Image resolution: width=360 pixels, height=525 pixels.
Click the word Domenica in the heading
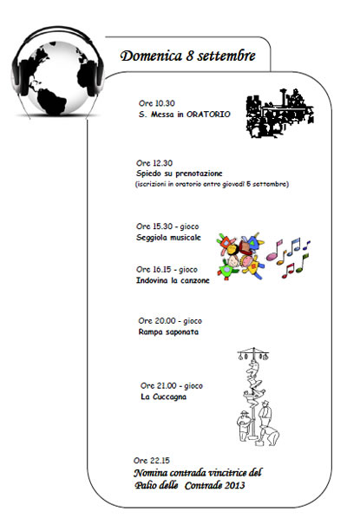coord(151,56)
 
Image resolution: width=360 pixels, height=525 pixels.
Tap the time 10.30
coord(166,103)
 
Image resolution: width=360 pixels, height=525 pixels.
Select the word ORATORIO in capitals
coord(208,115)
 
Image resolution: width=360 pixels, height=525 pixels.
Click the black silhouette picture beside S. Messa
coord(279,113)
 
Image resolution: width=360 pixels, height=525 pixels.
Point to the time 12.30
coord(163,163)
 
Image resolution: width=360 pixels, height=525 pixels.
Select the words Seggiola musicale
coord(168,238)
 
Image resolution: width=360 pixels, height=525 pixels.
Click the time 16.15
coord(162,270)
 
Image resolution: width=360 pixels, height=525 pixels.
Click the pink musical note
coord(274,251)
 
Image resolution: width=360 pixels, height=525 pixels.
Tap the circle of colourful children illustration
coord(240,256)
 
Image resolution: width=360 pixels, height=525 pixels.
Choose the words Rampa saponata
coord(168,332)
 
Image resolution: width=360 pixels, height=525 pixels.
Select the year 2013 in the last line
coord(235,485)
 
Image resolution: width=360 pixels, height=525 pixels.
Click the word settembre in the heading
coord(226,56)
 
